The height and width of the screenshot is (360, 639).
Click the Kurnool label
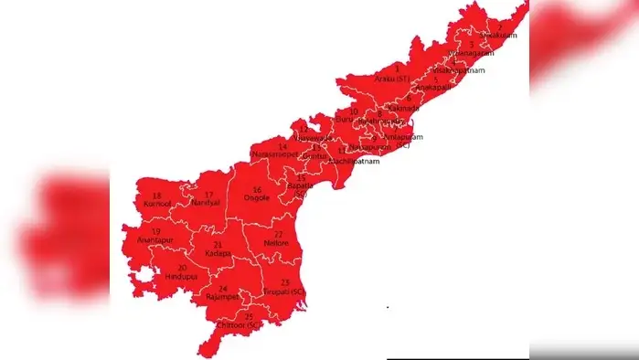point(157,205)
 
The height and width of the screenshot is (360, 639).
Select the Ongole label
point(257,198)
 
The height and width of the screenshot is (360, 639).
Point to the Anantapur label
point(154,239)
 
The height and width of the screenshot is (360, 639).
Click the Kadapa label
point(218,253)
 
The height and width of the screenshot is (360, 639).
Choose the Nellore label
point(275,243)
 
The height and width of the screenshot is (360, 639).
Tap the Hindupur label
point(183,275)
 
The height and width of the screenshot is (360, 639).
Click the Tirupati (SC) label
point(284,291)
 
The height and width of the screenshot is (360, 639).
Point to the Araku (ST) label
point(396,79)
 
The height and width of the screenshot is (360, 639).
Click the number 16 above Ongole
point(257,189)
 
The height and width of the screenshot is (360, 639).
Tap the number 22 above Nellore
point(277,234)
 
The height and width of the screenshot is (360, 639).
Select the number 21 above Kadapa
point(218,244)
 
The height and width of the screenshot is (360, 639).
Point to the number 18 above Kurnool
point(157,196)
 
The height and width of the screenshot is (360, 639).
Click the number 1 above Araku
point(397,69)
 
